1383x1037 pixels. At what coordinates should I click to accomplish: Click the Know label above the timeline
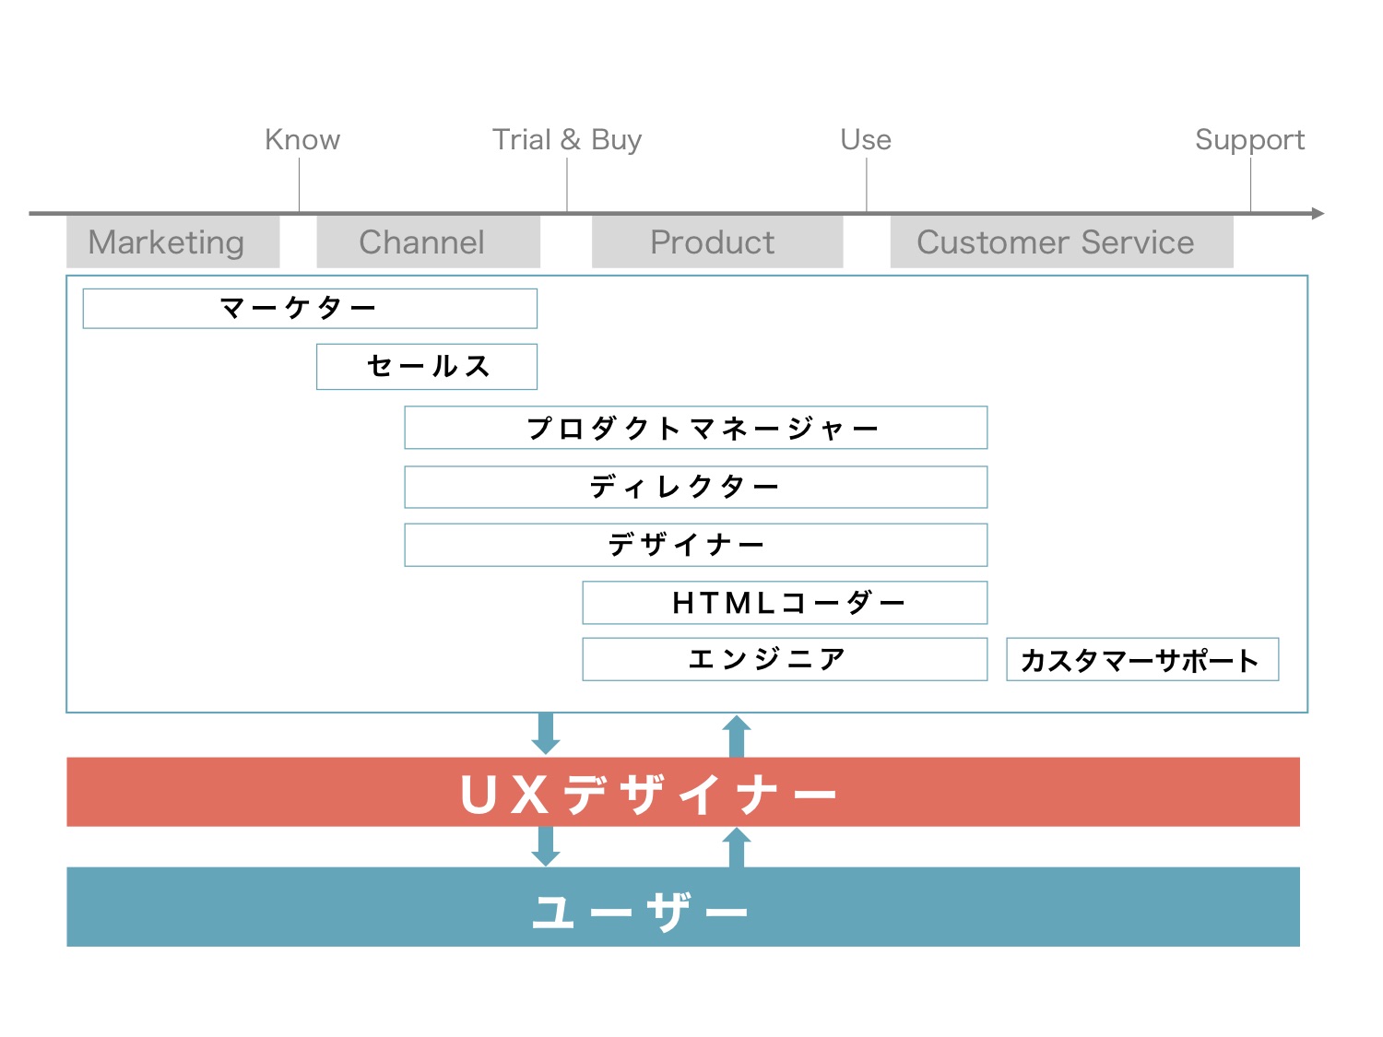coord(302,139)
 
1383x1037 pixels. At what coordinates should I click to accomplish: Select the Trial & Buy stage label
coord(566,139)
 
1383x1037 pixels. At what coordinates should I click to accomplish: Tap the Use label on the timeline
coord(866,139)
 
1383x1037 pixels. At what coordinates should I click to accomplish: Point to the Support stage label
coord(1249,140)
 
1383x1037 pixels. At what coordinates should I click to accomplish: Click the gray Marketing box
coord(172,242)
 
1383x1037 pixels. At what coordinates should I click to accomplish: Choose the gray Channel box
coord(428,242)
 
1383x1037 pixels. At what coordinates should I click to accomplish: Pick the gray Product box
coord(716,242)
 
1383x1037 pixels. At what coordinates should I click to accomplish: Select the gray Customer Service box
coord(1060,242)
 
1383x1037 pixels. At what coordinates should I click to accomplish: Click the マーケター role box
coord(310,308)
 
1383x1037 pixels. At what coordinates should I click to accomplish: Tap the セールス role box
coord(427,366)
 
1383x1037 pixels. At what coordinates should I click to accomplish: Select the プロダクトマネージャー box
coord(695,428)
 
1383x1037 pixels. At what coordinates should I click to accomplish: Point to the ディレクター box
coord(695,487)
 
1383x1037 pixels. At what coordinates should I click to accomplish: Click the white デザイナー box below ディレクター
coord(695,545)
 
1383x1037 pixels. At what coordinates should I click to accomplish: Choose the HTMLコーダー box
coord(785,603)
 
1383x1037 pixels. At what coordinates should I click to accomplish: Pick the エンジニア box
coord(785,659)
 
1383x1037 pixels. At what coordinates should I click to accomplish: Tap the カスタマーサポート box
coord(1141,660)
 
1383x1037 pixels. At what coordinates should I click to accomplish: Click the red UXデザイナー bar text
coord(648,794)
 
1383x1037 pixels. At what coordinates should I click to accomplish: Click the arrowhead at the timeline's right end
coord(1318,214)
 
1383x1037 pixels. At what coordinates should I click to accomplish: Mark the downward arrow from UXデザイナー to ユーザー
coord(546,846)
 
